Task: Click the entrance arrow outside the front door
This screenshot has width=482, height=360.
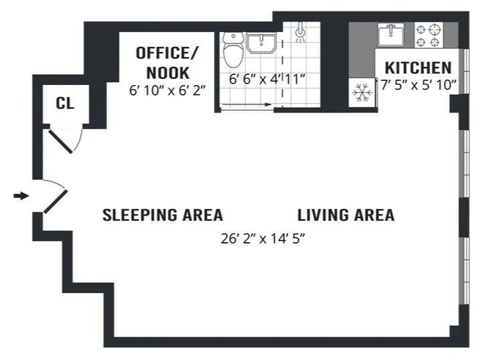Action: pyautogui.click(x=21, y=196)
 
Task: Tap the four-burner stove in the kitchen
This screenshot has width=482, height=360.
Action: pyautogui.click(x=429, y=34)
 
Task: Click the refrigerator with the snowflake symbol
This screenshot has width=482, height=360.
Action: pyautogui.click(x=362, y=92)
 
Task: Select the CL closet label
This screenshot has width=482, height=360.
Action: pyautogui.click(x=65, y=104)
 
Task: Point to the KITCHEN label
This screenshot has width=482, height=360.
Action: pyautogui.click(x=418, y=68)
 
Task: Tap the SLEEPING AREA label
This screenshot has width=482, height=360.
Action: pyautogui.click(x=162, y=215)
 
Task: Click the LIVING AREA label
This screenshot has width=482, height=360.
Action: pyautogui.click(x=346, y=215)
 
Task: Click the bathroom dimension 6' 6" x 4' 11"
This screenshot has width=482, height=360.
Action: pyautogui.click(x=267, y=79)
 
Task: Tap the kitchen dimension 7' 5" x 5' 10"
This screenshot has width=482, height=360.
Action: pyautogui.click(x=418, y=84)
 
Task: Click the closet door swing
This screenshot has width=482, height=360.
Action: pyautogui.click(x=68, y=141)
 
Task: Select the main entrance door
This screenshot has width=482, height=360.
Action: pyautogui.click(x=55, y=199)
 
